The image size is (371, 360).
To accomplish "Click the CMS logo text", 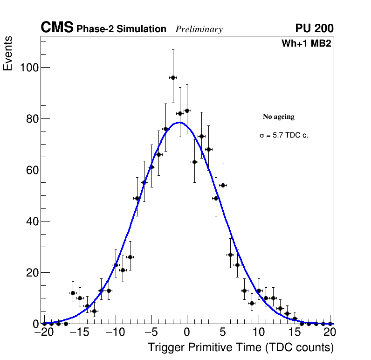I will pyautogui.click(x=57, y=28).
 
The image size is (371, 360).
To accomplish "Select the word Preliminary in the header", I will pyautogui.click(x=199, y=29).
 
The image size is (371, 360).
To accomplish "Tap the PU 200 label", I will pyautogui.click(x=314, y=28).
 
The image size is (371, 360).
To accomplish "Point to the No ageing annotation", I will pyautogui.click(x=279, y=117).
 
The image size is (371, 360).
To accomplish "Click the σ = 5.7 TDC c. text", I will pyautogui.click(x=284, y=136).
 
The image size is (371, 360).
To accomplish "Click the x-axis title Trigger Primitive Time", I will pyautogui.click(x=240, y=347).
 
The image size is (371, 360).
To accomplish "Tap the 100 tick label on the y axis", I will pyautogui.click(x=28, y=68).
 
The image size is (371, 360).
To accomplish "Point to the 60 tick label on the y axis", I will pyautogui.click(x=32, y=170).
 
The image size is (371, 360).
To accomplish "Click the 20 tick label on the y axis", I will pyautogui.click(x=32, y=273).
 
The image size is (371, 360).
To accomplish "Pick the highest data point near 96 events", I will pyautogui.click(x=173, y=77).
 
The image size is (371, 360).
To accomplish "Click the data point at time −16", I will pyautogui.click(x=73, y=293).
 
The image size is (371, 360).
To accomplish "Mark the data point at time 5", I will pyautogui.click(x=223, y=185).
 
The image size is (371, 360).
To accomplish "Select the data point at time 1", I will pyautogui.click(x=194, y=162).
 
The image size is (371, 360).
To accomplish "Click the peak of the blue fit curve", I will pyautogui.click(x=179, y=123).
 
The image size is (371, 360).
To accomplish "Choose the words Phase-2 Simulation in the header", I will pyautogui.click(x=121, y=29).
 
